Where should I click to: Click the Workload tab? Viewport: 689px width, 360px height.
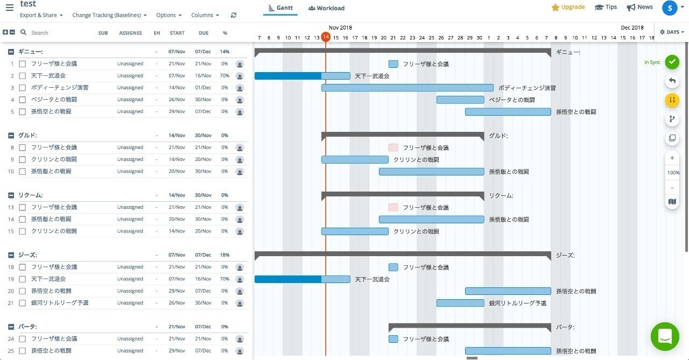[327, 8]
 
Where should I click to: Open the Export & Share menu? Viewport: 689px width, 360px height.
[41, 15]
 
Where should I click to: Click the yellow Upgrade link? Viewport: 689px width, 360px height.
[568, 7]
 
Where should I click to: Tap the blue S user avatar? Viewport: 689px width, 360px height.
[670, 8]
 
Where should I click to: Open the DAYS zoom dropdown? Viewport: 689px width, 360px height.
[672, 32]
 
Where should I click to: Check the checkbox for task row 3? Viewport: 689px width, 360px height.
[23, 88]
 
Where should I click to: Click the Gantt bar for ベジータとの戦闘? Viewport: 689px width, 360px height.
[460, 100]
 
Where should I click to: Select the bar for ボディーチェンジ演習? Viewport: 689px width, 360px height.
[407, 88]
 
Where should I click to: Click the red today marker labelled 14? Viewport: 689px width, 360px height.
[326, 37]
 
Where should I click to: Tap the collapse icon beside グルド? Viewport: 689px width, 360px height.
[11, 136]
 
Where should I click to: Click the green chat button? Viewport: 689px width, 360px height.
[665, 336]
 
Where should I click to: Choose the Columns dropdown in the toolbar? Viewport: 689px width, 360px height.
[205, 15]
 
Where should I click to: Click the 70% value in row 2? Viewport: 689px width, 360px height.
[224, 76]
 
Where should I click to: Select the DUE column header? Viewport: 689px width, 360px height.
[203, 33]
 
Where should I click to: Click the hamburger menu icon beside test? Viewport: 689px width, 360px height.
[9, 8]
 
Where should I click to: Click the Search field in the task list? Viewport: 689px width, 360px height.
[54, 33]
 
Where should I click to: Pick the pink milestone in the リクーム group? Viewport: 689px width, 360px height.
[393, 207]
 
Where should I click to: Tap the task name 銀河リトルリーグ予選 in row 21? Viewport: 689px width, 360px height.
[60, 303]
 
